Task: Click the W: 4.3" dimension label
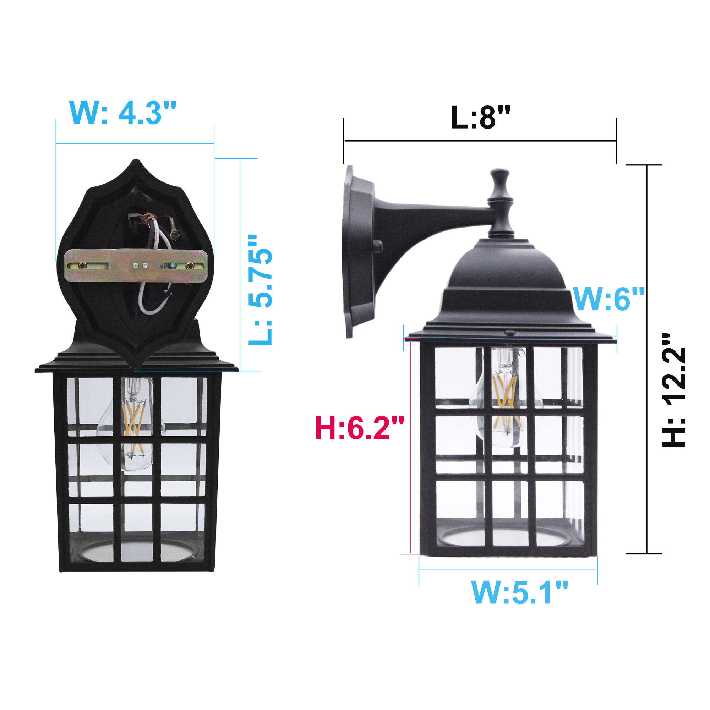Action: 123,113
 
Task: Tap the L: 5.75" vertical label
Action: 260,290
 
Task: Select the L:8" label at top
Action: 480,118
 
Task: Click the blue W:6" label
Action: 609,299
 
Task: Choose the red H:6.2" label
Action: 359,428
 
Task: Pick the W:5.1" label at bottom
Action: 519,593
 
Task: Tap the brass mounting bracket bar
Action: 136,265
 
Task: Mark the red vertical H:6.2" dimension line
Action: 410,448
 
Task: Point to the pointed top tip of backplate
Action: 136,162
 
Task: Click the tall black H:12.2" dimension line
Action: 647,360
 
